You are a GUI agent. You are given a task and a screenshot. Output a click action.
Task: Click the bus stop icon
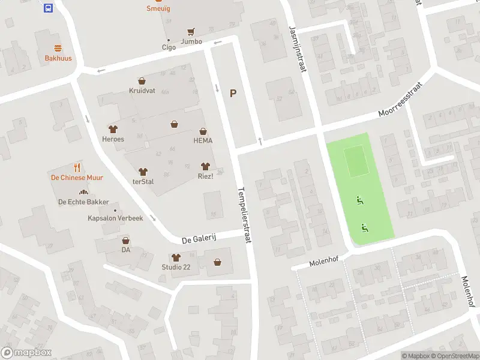pos(48,8)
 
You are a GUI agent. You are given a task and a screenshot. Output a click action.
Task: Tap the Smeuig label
pos(158,8)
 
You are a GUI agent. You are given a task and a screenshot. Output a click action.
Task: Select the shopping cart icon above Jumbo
pos(191,32)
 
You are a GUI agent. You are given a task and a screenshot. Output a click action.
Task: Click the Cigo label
pos(169,47)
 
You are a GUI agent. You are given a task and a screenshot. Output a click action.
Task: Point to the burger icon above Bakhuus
pos(58,48)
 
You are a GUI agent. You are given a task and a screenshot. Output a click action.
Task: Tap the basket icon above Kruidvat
pos(142,80)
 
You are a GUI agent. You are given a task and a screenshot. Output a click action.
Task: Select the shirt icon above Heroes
pos(112,129)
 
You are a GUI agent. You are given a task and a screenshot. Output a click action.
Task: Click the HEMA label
pos(203,140)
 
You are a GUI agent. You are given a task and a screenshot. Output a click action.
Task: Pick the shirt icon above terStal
pos(142,172)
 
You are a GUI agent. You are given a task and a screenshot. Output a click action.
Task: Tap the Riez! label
pos(206,176)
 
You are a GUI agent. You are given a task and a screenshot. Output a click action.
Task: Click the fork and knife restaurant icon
pos(77,167)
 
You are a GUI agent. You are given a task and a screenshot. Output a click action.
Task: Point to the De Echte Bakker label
pos(83,202)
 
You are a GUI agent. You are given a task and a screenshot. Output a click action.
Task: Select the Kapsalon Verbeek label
pos(115,218)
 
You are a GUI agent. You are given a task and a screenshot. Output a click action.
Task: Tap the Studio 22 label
pos(176,267)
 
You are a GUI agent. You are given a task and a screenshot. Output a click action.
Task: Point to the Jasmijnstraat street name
pos(298,48)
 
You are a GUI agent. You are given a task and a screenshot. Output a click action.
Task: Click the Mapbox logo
pos(26,353)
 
